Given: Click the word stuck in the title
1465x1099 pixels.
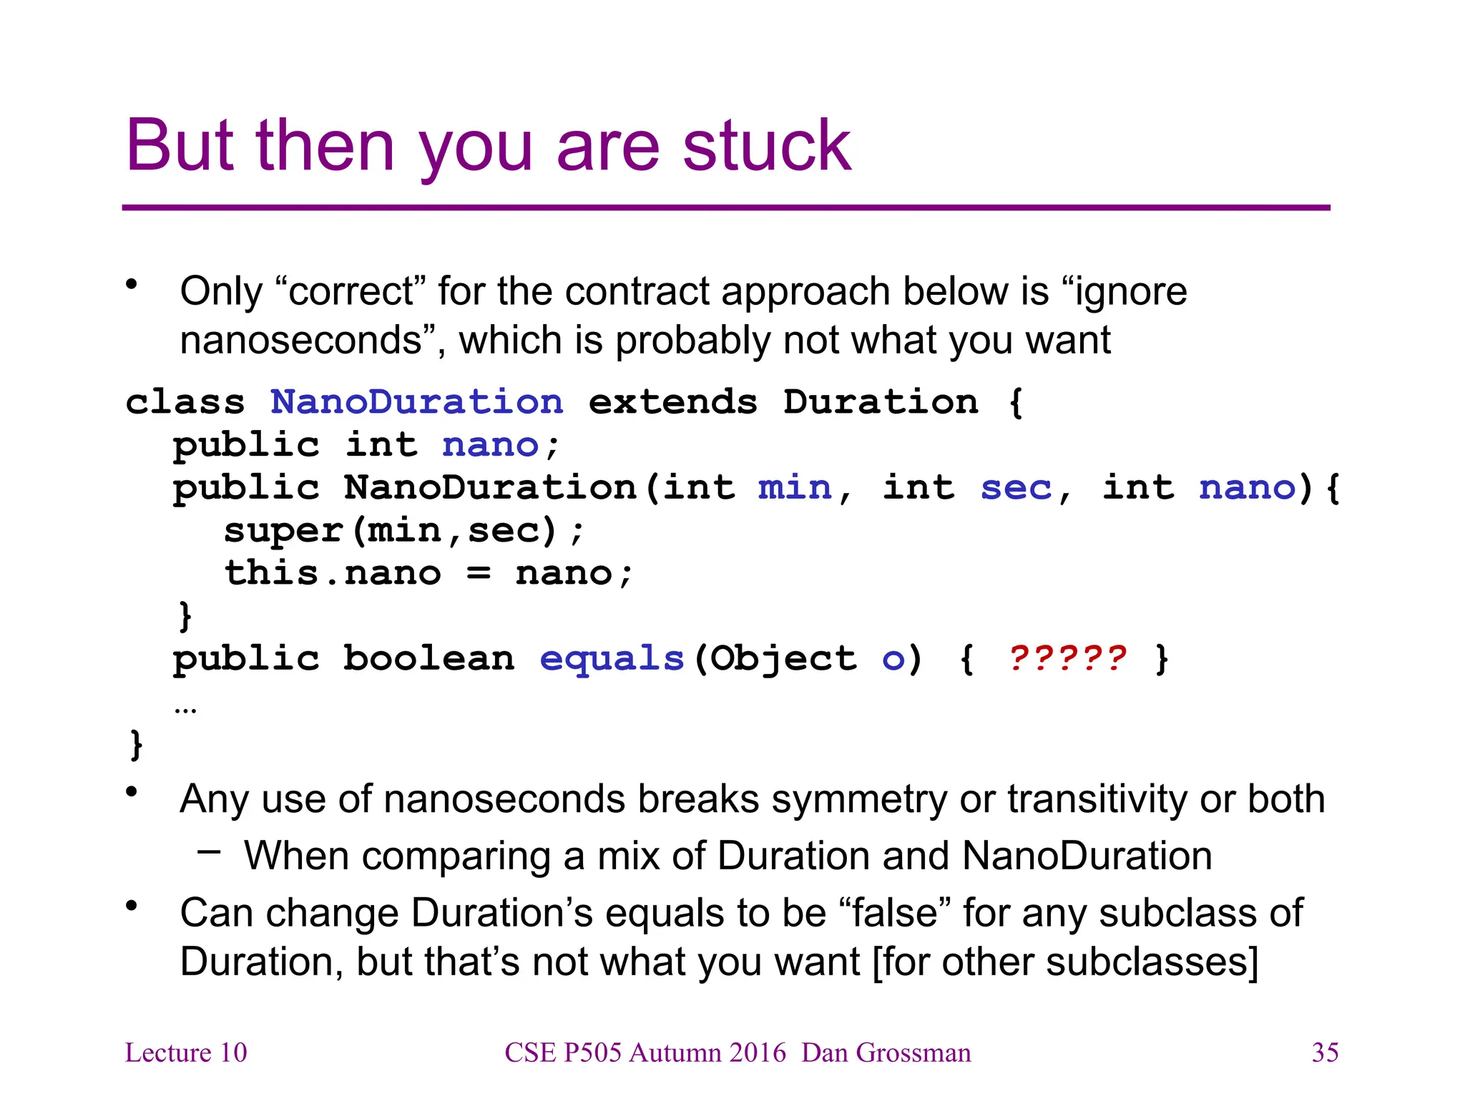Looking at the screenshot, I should click(766, 147).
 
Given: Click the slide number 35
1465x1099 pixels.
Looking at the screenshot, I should click(1325, 1052).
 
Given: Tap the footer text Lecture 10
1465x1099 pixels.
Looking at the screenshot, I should click(186, 1052).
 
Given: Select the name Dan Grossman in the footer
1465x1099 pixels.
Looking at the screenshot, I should click(886, 1052).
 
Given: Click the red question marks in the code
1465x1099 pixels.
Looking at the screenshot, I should click(1067, 658).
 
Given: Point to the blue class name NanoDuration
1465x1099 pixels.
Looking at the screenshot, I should click(417, 402).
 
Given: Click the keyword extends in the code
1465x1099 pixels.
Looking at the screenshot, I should click(672, 402).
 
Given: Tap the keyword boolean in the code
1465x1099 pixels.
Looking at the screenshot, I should click(428, 658).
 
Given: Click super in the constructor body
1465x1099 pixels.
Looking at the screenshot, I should click(283, 531).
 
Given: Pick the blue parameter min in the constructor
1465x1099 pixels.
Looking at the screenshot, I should click(795, 488).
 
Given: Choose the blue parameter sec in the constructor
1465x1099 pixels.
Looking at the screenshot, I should click(1016, 488).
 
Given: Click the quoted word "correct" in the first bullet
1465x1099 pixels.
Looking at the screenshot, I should click(351, 292).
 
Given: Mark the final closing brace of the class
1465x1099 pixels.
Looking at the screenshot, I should click(137, 745).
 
